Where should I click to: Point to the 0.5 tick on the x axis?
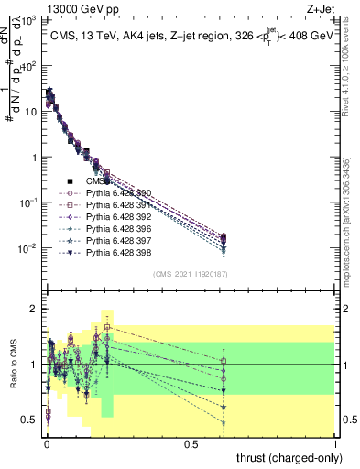click(191, 442)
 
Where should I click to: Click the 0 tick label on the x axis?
click(47, 442)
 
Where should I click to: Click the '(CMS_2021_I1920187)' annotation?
click(191, 274)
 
